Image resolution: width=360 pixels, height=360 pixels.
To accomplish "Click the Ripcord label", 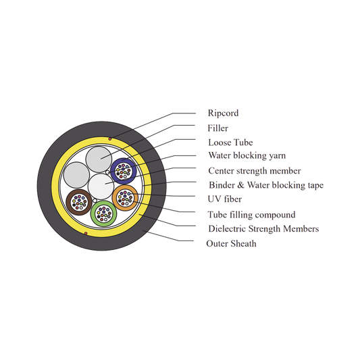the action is click(x=223, y=113).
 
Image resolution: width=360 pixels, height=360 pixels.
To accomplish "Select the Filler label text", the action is click(x=217, y=128).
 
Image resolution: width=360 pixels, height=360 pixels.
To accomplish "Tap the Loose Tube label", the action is click(x=230, y=143).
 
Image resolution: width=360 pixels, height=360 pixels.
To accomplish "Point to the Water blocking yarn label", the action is click(x=247, y=155).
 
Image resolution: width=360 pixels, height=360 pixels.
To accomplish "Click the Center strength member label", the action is click(x=255, y=171).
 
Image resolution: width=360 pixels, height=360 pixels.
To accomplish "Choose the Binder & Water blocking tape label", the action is click(x=266, y=185).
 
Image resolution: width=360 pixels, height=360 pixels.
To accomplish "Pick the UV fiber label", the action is click(x=224, y=199).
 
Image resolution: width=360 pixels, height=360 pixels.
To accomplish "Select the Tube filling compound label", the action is click(x=251, y=215).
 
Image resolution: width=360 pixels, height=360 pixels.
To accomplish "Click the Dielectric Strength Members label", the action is click(x=263, y=229).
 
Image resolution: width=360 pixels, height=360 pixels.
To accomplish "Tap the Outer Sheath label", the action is click(x=231, y=244).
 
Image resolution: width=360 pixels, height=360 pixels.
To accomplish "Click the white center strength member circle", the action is click(x=101, y=186).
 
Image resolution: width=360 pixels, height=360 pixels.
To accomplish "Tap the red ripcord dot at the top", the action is click(x=110, y=139).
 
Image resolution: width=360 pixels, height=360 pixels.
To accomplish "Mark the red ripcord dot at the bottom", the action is click(x=86, y=234).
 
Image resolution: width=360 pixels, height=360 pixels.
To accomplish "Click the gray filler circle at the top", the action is click(x=99, y=159).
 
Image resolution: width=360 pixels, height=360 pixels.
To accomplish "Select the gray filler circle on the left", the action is click(x=76, y=175).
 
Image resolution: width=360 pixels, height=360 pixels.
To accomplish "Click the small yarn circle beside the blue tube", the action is click(x=107, y=172).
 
